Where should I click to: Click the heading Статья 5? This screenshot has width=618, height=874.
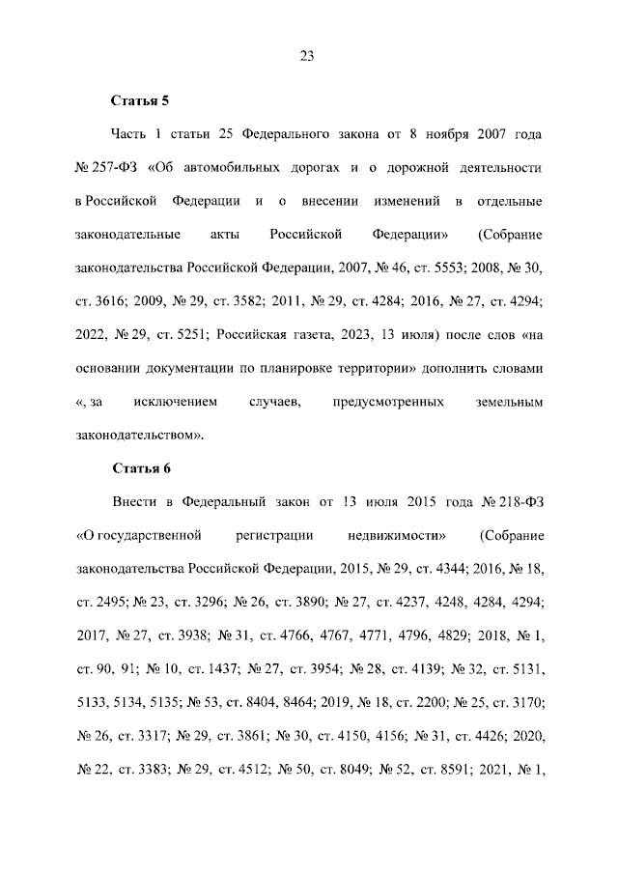point(140,99)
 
